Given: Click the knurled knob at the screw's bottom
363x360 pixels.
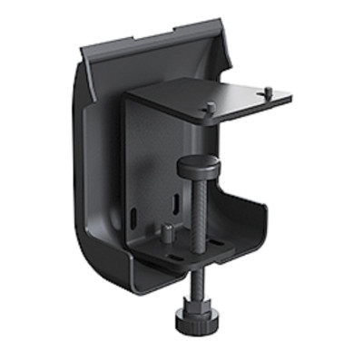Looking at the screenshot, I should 194,318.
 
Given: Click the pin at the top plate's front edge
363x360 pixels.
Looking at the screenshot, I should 211,108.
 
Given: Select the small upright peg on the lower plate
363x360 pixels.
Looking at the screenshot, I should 168,229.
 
